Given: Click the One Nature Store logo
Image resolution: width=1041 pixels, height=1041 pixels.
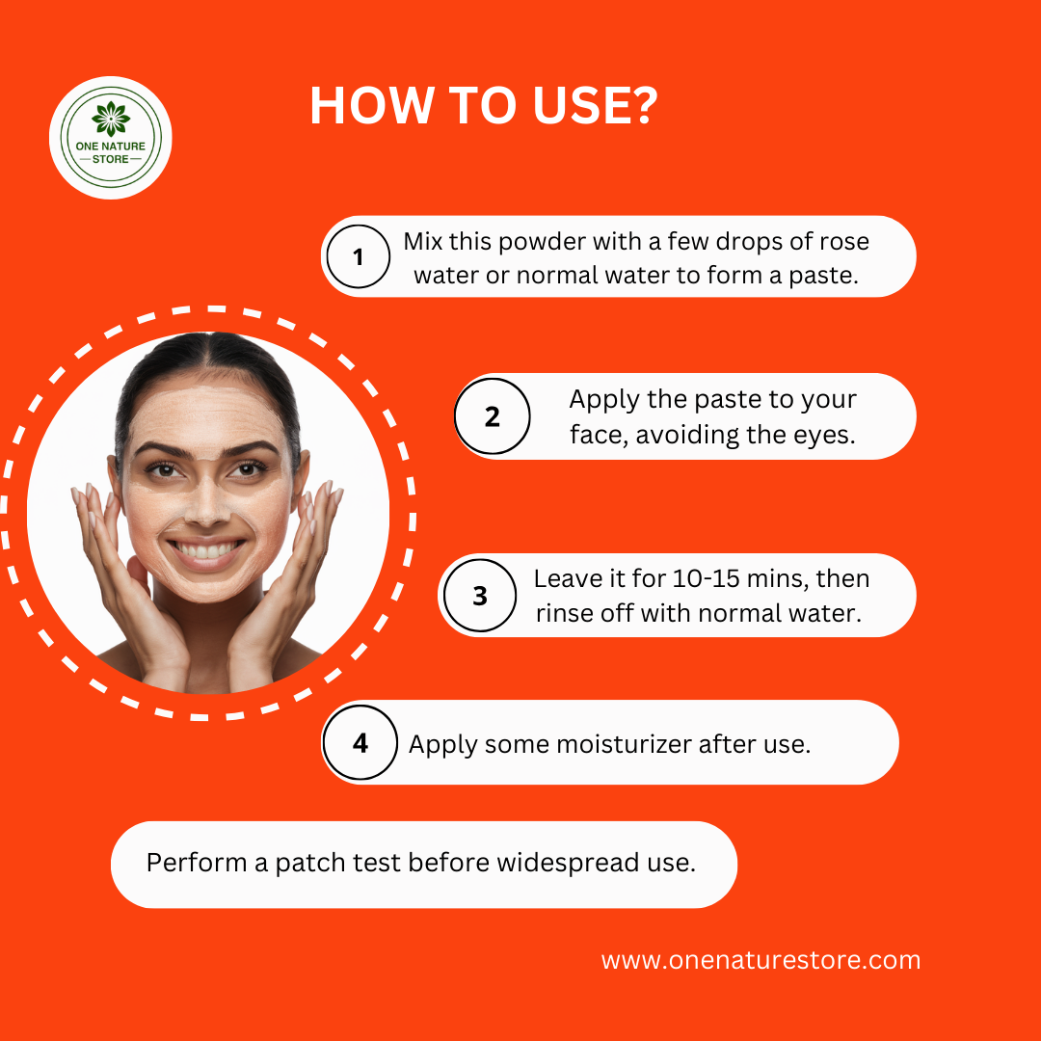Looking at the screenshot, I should click(110, 138).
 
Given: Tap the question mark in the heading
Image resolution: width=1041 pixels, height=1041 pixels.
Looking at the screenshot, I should click(641, 106).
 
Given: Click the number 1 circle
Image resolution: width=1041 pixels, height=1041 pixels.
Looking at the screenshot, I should click(359, 257).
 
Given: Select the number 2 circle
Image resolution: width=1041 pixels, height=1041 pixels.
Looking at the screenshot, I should click(492, 416).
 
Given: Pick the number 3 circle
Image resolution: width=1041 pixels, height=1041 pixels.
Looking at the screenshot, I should click(479, 596).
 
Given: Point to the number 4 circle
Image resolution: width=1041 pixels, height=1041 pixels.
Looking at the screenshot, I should click(360, 743).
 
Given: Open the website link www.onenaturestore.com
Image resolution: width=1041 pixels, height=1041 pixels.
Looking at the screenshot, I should click(761, 960).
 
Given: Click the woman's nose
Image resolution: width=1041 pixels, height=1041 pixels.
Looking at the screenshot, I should click(205, 509).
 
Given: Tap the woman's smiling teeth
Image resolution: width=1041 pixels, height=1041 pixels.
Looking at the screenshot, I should click(205, 552).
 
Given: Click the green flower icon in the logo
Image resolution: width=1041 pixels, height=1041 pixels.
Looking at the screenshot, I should click(110, 118).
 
